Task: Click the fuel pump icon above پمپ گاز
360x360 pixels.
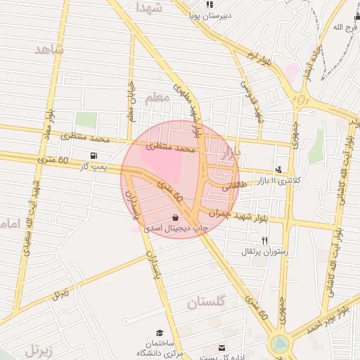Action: [x=94, y=155]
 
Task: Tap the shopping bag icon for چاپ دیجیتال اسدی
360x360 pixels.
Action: [x=175, y=217]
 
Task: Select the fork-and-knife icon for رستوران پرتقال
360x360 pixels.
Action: [x=245, y=240]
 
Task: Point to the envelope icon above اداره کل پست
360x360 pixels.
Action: [x=223, y=347]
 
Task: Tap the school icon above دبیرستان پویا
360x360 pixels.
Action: [x=210, y=4]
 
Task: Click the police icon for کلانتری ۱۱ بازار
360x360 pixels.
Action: [x=279, y=169]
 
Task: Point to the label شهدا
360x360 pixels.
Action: [x=148, y=8]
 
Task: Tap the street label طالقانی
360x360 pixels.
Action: [x=236, y=187]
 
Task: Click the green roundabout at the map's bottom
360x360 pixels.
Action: [x=279, y=344]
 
